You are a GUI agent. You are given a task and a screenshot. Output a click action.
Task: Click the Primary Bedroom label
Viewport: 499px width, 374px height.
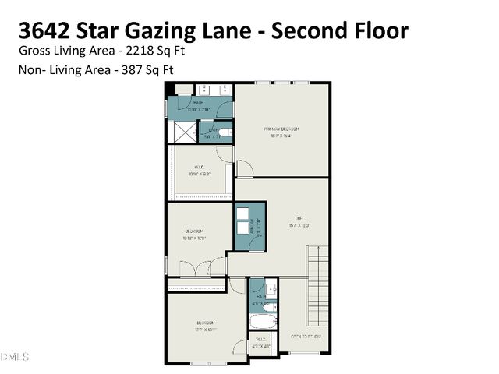coord(281,129)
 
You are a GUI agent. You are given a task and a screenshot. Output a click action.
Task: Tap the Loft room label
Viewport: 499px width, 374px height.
coord(299,218)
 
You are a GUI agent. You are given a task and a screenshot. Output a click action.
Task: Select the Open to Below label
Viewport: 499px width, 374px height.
coord(306,337)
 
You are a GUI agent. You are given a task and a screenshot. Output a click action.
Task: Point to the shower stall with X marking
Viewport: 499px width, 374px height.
coord(182,133)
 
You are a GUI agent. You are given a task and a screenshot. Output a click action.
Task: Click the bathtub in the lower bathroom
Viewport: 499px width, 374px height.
coord(263,321)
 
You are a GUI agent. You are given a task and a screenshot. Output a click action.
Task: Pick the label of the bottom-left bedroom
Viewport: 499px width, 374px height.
coord(206,323)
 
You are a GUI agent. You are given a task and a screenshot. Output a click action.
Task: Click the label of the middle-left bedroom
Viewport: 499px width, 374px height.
coord(194,231)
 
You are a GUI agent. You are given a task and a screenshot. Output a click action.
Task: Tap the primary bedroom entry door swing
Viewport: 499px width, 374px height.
coord(244,168)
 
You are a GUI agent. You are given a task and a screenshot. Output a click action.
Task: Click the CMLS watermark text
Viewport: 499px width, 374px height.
coord(15,357)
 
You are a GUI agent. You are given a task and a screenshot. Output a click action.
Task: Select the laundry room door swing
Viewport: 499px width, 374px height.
coord(249,244)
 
